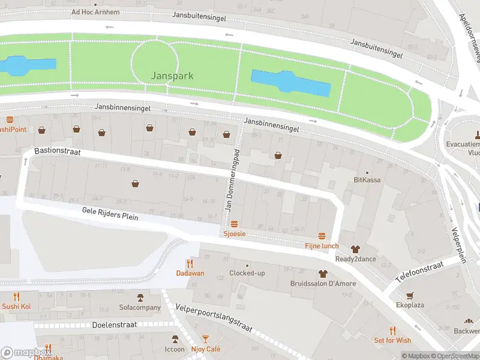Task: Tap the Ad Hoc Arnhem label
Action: point(95,12)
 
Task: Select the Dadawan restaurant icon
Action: point(190,263)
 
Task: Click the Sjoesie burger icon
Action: point(234,224)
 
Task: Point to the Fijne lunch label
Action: point(322,246)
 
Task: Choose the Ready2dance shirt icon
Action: point(355,249)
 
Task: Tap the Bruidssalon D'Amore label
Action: point(323,284)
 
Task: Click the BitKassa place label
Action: point(367,179)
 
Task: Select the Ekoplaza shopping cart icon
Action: point(410,295)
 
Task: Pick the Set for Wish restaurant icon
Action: point(392,331)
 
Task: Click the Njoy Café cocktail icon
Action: point(206,339)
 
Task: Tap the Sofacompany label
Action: point(140,308)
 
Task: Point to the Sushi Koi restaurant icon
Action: point(16,296)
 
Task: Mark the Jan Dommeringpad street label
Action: point(232,175)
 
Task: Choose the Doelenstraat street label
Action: point(115,325)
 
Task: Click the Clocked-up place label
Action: point(247,274)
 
